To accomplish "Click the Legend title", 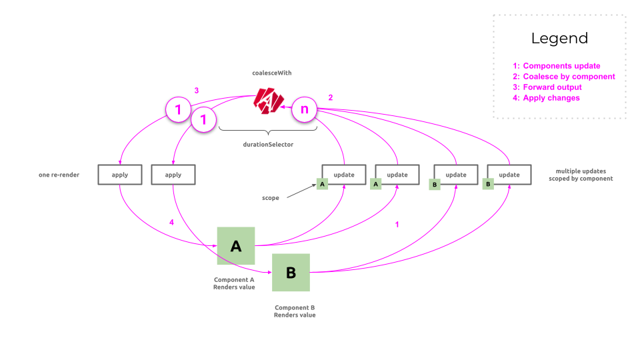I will [559, 38].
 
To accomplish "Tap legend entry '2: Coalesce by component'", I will [563, 77].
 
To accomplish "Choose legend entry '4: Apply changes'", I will [546, 98].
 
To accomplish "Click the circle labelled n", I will [305, 109].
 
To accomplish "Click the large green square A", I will [236, 246].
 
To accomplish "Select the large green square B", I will [291, 272].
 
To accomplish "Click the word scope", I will [271, 198].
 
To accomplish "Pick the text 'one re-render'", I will [59, 175].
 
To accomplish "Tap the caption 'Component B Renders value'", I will [294, 311].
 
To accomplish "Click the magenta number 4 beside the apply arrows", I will [172, 222].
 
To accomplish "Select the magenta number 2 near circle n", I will [330, 97].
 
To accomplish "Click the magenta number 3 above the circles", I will [196, 90].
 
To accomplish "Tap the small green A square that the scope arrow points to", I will [323, 184].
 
